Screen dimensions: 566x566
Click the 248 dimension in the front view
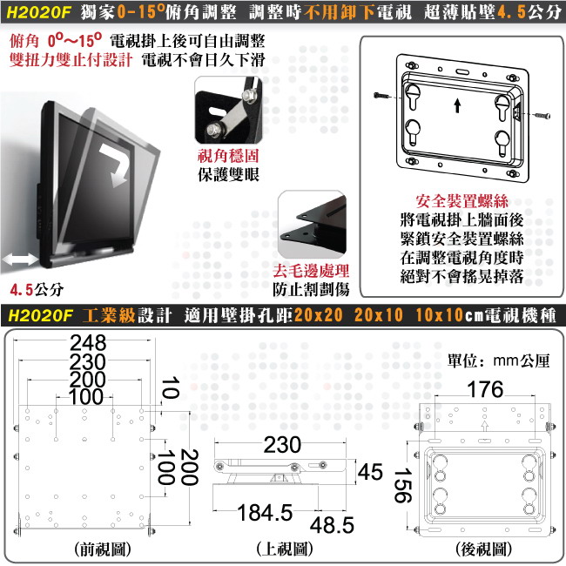pos(88,342)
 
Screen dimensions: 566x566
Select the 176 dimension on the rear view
pos(485,389)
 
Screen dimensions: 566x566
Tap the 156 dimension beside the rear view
pos(402,486)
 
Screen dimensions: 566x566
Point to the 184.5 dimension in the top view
pos(265,512)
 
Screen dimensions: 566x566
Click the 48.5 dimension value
pos(332,525)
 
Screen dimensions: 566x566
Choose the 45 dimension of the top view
pos(370,472)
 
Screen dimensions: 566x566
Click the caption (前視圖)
pos(103,549)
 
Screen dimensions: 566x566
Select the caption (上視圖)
pos(285,549)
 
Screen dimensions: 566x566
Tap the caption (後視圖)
pos(484,549)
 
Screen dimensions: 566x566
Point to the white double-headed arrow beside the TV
pos(20,259)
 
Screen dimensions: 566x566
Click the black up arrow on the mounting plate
pos(457,106)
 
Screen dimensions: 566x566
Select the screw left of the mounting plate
pos(381,96)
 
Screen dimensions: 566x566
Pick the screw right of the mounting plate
pos(542,116)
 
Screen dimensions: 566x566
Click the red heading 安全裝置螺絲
pos(462,201)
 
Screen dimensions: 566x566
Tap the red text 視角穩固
pos(228,156)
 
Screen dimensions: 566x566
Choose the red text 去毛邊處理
pos(311,271)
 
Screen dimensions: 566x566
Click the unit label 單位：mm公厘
pos(498,360)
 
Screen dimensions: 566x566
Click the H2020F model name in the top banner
pos(38,12)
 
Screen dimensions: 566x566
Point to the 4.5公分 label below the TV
pos(37,289)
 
